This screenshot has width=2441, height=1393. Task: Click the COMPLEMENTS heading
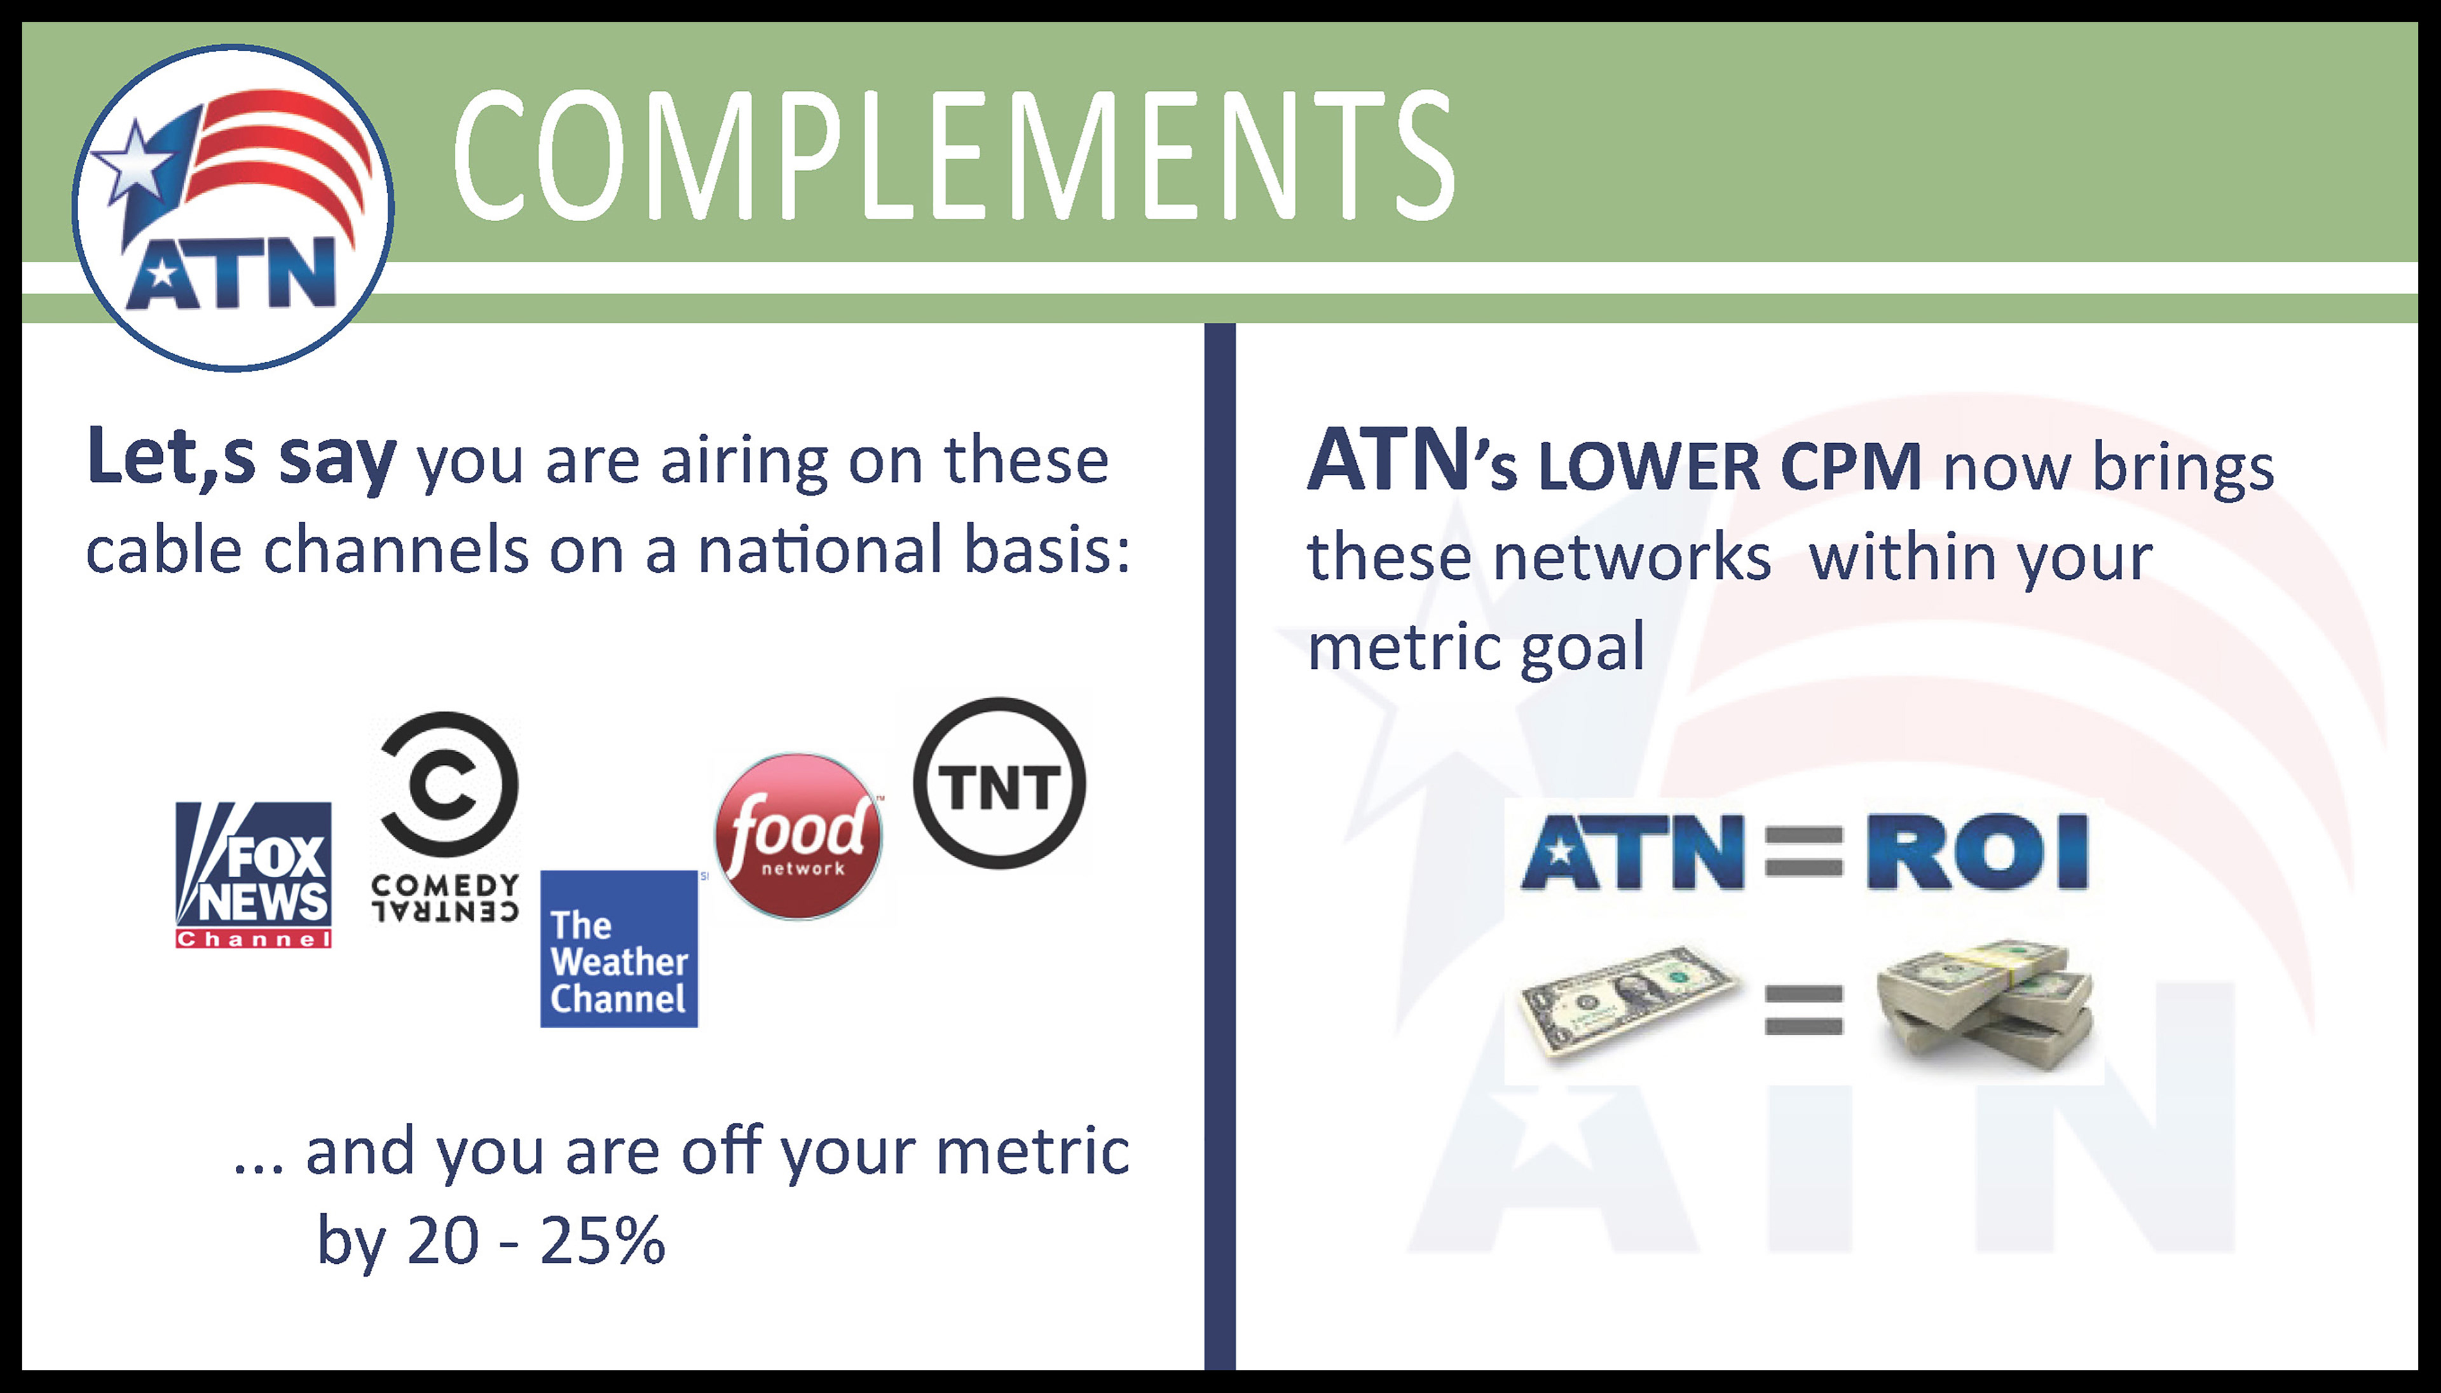[x=954, y=156]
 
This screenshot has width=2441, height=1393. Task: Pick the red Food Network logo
[x=798, y=835]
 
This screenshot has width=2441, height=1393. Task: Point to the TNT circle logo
[x=999, y=783]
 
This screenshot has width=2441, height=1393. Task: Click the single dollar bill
[x=1628, y=1001]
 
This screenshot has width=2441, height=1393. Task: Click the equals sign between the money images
[x=1804, y=1010]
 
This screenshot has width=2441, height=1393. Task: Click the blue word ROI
[x=1977, y=851]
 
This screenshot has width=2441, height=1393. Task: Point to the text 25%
[x=601, y=1241]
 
